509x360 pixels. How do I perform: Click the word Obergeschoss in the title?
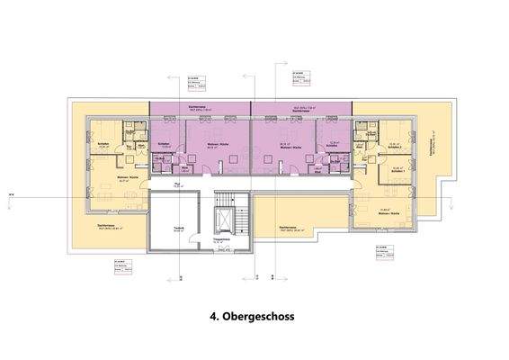(263, 317)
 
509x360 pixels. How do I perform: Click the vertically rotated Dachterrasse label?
(433, 154)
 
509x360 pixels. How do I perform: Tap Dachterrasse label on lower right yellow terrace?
(290, 227)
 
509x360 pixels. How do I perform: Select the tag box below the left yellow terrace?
(120, 265)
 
